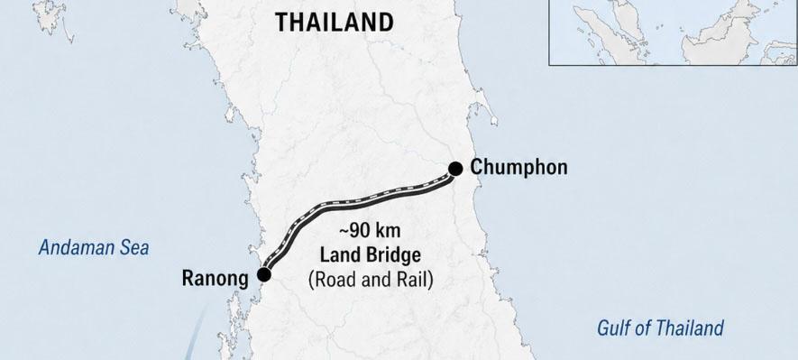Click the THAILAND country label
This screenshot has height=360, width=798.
pos(335,23)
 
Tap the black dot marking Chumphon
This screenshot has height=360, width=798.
pos(455,168)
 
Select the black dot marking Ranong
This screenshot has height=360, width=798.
pos(263,273)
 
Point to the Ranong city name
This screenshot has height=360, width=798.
pos(214,278)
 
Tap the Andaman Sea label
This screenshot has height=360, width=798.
pos(93,248)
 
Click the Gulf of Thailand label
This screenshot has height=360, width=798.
pos(660,328)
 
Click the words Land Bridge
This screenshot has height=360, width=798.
pos(370,254)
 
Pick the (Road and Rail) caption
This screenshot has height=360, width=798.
pos(370,280)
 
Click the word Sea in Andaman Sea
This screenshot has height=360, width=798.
pos(133,248)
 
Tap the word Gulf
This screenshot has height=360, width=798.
pos(614,328)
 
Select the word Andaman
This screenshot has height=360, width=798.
pos(76,248)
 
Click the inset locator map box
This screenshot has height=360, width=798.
pos(673,32)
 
